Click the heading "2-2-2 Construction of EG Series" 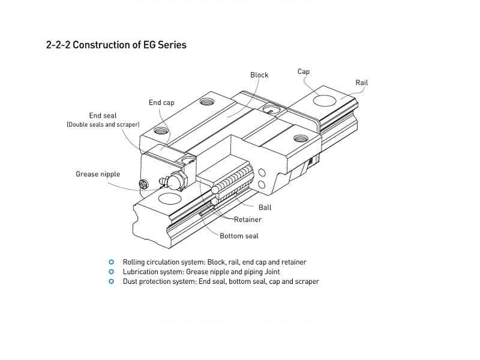[116, 45]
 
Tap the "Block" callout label [259, 75]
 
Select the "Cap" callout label [304, 71]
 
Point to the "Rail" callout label [362, 83]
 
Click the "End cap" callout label [161, 103]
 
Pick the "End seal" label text [103, 115]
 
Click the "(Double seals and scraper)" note [103, 125]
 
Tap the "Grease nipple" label [98, 174]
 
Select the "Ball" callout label [265, 208]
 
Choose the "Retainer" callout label [248, 220]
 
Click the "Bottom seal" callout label [239, 236]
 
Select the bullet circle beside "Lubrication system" [110, 272]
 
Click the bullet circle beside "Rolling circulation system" [110, 262]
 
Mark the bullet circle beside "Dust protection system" [110, 281]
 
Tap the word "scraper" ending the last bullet [306, 281]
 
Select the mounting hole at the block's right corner [299, 139]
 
